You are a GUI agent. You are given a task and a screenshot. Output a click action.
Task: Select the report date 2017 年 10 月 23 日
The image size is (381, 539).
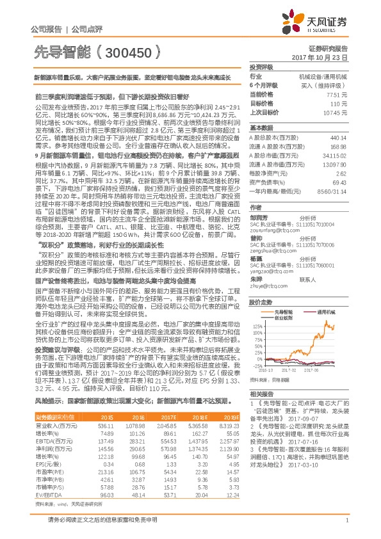327,57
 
